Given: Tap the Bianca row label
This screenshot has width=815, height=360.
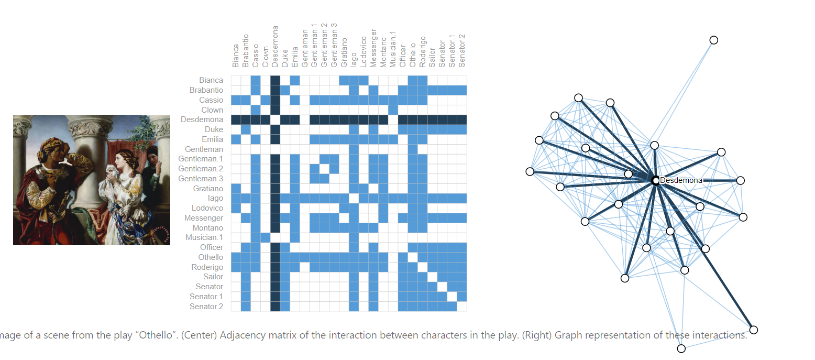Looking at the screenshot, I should (x=211, y=80).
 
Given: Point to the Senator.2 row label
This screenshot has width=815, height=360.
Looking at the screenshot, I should (x=206, y=307).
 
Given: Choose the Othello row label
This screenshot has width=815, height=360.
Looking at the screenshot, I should (x=211, y=257).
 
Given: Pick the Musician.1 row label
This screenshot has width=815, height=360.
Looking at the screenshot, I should (x=206, y=237).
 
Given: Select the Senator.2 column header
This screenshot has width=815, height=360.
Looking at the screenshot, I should (x=462, y=51).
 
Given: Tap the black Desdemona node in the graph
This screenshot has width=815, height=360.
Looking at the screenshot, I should (x=655, y=180).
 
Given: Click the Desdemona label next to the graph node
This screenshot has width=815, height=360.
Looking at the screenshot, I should (x=681, y=180).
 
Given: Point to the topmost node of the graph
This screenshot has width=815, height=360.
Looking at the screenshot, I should (x=713, y=40).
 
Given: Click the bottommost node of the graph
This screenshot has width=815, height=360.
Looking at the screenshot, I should (x=681, y=348).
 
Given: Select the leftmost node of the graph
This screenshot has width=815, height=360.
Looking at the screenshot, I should (x=530, y=171).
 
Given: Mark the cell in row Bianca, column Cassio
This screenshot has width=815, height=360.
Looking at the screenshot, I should (x=256, y=80).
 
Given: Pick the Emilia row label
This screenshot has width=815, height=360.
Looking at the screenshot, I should (x=213, y=139).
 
